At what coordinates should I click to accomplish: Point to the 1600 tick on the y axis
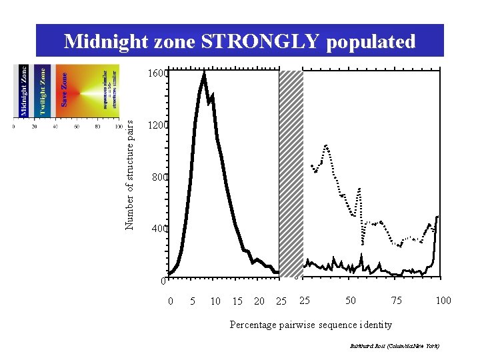click(159, 74)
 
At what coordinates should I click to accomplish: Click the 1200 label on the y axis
click(159, 125)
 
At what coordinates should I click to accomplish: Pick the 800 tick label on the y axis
click(160, 177)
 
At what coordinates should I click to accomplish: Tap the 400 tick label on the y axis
click(160, 229)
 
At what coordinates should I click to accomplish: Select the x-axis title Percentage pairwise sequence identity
click(311, 325)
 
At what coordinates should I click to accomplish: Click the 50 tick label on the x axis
click(351, 301)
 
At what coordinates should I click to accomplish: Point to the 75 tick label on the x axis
click(397, 301)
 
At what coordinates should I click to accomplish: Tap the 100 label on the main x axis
click(443, 301)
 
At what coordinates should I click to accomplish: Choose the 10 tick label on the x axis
click(215, 301)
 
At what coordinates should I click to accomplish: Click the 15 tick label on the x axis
click(237, 301)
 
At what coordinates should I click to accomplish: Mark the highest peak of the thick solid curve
click(204, 74)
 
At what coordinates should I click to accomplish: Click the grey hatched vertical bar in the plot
click(291, 173)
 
